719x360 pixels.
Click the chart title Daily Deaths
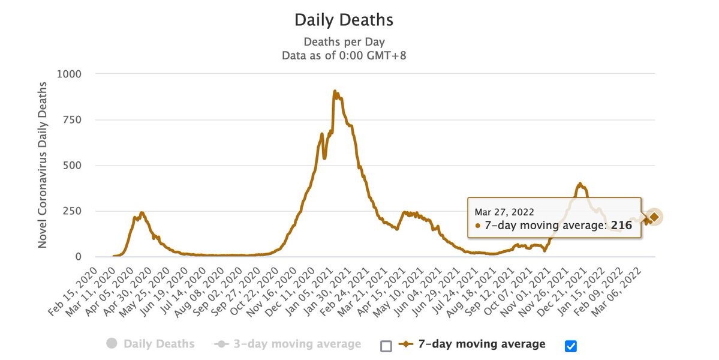point(344,20)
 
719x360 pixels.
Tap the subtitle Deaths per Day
point(344,41)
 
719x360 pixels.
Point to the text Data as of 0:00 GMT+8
point(344,55)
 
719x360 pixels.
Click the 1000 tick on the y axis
point(70,74)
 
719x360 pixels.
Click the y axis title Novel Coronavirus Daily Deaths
point(43,165)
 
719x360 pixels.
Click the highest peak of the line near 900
point(335,92)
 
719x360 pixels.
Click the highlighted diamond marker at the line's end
point(654,217)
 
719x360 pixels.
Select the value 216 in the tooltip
point(621,225)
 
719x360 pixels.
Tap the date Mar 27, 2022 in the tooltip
point(504,212)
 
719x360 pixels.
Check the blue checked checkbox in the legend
point(570,346)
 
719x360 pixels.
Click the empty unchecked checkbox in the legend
point(386,346)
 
